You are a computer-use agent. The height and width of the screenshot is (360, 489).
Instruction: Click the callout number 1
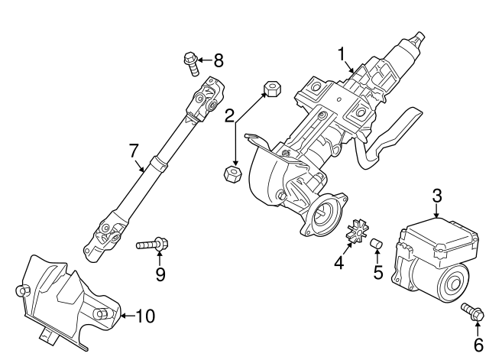(x=342, y=54)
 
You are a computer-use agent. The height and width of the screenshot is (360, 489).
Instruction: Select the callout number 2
(x=229, y=115)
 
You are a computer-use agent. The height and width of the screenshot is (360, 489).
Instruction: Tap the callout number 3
(x=437, y=196)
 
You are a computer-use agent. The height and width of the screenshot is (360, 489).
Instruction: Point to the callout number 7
(x=133, y=151)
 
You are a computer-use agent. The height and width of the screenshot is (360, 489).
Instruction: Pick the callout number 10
(x=145, y=316)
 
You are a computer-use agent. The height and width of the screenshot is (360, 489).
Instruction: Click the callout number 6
(x=478, y=345)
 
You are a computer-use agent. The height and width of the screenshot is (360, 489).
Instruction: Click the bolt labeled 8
(x=190, y=63)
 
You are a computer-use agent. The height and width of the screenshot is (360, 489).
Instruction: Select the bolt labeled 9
(x=152, y=243)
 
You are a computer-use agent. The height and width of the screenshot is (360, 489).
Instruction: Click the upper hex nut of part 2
(x=273, y=89)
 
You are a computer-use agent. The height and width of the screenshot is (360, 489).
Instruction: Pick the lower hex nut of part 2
(x=232, y=174)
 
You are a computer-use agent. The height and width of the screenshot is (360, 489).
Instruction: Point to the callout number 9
(x=160, y=274)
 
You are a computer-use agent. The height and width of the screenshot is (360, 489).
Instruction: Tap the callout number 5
(x=378, y=272)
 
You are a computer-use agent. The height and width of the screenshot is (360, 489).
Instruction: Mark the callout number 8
(x=219, y=60)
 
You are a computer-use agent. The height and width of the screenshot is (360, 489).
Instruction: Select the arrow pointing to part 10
(x=128, y=316)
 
